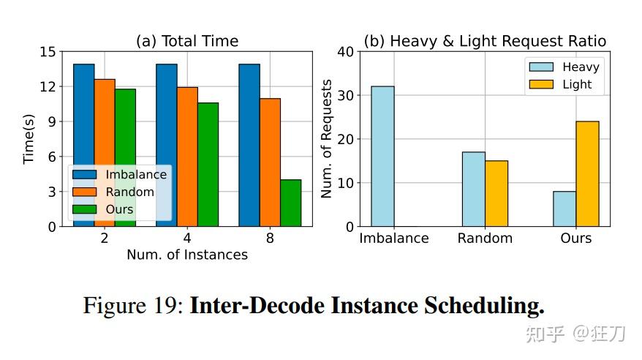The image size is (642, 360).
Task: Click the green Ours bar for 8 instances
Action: point(290,203)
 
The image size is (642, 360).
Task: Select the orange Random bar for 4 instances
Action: point(187,157)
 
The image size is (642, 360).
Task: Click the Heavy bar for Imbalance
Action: point(382,157)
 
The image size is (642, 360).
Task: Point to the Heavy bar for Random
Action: point(473,190)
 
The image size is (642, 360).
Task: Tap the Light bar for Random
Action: point(496,194)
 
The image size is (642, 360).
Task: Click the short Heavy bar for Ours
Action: point(564,209)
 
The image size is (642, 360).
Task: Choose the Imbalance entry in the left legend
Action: point(135,175)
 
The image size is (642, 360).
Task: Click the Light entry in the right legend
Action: point(577,84)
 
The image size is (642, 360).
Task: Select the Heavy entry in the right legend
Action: point(581,67)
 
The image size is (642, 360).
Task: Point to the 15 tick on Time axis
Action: point(48,52)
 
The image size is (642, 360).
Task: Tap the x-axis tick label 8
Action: point(270,239)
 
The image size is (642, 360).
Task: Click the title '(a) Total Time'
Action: point(187,41)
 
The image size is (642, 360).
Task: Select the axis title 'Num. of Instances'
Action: point(187,255)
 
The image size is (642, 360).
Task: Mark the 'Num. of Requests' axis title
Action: point(328,139)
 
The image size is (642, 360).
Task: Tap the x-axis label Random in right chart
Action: point(485,239)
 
